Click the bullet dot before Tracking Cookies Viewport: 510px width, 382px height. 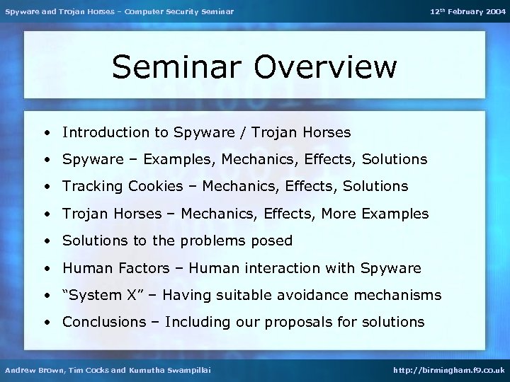point(45,187)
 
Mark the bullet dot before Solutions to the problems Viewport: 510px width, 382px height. point(45,241)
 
